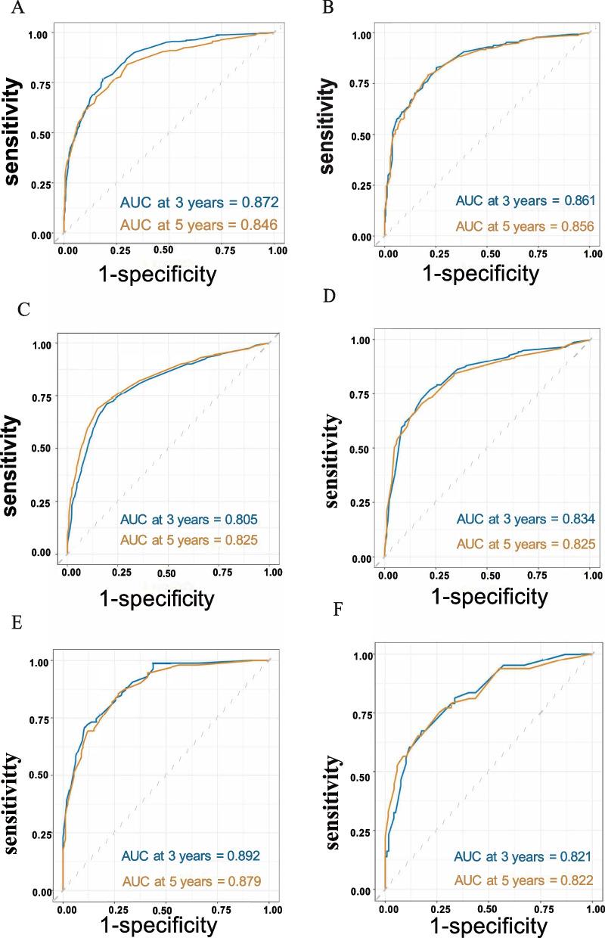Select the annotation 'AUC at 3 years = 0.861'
[x=515, y=202]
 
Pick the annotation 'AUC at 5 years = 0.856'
[x=515, y=226]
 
